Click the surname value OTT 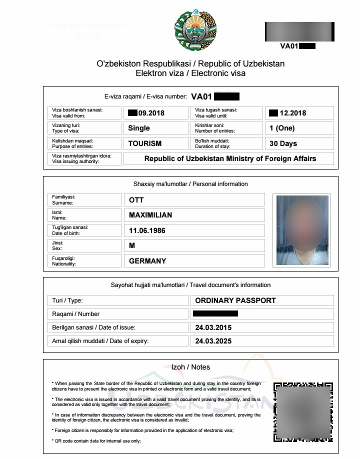[x=136, y=200]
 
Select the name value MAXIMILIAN [x=150, y=215]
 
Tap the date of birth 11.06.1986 [x=147, y=230]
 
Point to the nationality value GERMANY [x=147, y=260]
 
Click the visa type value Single [x=139, y=128]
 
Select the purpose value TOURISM [x=145, y=143]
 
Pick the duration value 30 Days [x=283, y=143]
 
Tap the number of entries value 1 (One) [x=282, y=128]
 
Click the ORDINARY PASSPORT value [x=235, y=300]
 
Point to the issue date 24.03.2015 [x=213, y=327]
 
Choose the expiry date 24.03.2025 [x=213, y=341]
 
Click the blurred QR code [x=303, y=412]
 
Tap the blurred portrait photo [x=302, y=230]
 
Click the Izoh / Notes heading [x=190, y=367]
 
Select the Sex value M [x=132, y=245]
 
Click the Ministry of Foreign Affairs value [x=230, y=158]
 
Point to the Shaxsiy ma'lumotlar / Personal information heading [x=190, y=184]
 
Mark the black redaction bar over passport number [x=215, y=314]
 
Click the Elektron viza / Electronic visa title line [x=190, y=73]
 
